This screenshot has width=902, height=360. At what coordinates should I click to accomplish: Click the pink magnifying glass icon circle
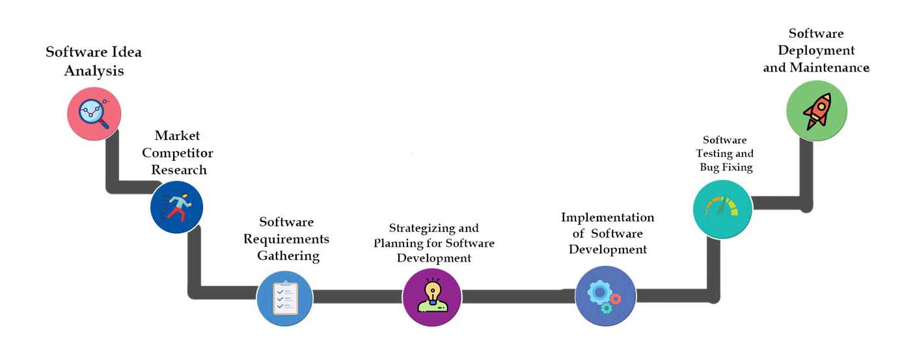94,113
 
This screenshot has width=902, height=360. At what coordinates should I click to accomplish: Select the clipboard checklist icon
286,298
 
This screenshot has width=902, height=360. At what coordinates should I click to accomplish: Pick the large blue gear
599,292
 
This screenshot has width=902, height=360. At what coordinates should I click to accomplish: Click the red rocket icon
817,111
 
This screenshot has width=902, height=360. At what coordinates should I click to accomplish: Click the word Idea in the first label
126,52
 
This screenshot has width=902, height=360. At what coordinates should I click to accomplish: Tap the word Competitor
178,153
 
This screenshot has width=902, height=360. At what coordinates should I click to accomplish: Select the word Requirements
286,239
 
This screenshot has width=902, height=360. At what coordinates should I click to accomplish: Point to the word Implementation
608,217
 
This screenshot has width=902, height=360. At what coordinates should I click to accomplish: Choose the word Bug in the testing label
709,167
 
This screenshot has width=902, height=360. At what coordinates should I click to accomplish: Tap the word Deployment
816,51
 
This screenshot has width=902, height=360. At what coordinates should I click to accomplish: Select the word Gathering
288,256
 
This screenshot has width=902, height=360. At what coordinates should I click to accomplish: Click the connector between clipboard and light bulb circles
357,297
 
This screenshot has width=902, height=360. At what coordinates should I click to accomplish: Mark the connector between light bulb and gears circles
519,296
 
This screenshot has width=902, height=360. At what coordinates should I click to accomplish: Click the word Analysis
94,71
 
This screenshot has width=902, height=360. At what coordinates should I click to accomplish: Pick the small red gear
615,299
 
